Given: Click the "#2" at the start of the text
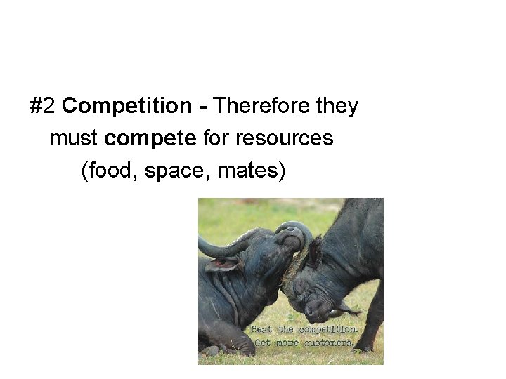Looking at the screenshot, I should pyautogui.click(x=43, y=107).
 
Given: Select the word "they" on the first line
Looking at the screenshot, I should pyautogui.click(x=337, y=107).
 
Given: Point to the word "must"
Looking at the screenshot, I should pyautogui.click(x=74, y=139).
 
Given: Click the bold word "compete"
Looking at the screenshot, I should pyautogui.click(x=150, y=139).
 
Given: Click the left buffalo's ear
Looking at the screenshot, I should pyautogui.click(x=223, y=265).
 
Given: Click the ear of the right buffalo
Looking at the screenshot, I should pyautogui.click(x=314, y=251).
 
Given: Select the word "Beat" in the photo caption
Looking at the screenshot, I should pyautogui.click(x=261, y=329).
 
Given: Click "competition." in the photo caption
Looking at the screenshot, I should pyautogui.click(x=328, y=329).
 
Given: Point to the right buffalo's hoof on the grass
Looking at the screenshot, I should pyautogui.click(x=363, y=347).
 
